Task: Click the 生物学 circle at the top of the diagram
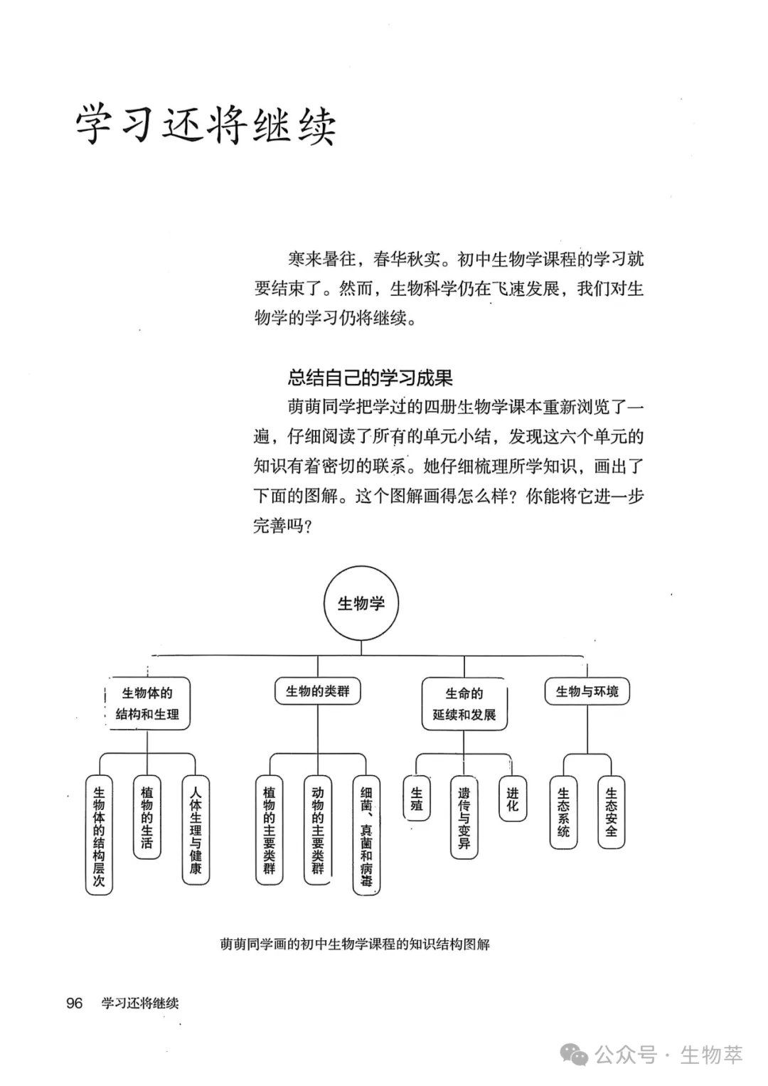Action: (361, 603)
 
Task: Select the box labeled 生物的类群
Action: (318, 691)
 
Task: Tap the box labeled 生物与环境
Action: (587, 691)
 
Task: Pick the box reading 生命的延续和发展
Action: (464, 703)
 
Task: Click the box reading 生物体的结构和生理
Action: (147, 703)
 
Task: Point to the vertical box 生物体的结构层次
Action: (99, 835)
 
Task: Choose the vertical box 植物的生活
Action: (146, 817)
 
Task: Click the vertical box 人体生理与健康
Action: (196, 829)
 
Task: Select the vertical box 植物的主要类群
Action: (269, 829)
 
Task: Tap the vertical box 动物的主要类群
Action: (317, 829)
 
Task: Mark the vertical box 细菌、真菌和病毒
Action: (366, 835)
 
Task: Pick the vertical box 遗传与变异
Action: (464, 817)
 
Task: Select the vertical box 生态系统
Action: (563, 811)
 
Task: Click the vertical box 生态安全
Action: (611, 811)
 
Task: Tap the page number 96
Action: (75, 1003)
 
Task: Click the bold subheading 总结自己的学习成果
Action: (370, 378)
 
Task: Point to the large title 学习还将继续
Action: (206, 125)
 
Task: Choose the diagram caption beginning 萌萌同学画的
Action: (355, 944)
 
